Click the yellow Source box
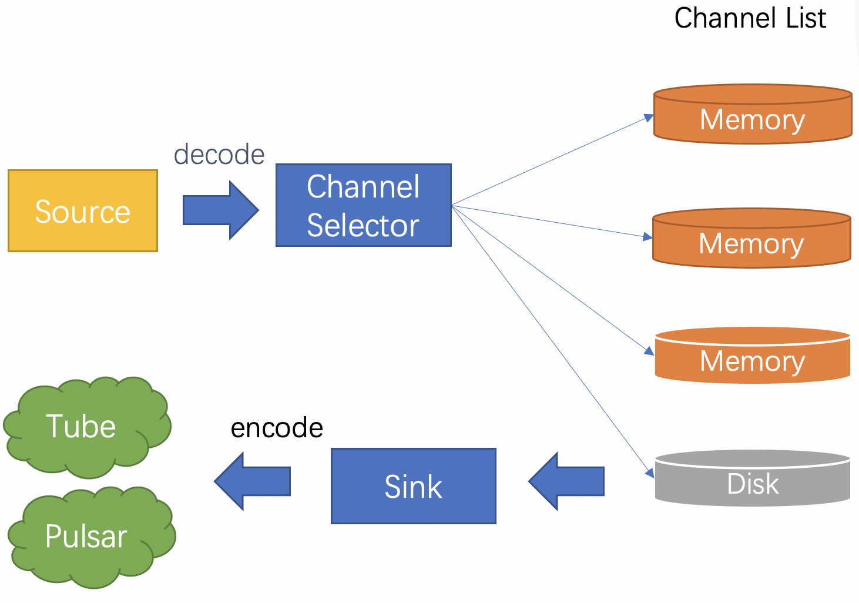pyautogui.click(x=83, y=211)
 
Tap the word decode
pyautogui.click(x=219, y=155)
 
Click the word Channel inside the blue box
pyautogui.click(x=363, y=187)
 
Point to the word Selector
pyautogui.click(x=363, y=226)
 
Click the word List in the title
pyautogui.click(x=806, y=18)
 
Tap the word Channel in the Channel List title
pyautogui.click(x=726, y=18)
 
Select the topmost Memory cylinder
pyautogui.click(x=753, y=115)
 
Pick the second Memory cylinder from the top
pyautogui.click(x=751, y=239)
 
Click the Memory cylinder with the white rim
pyautogui.click(x=753, y=356)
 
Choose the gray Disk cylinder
pyautogui.click(x=753, y=478)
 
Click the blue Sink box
pyautogui.click(x=414, y=486)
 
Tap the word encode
pyautogui.click(x=277, y=428)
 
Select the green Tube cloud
pyautogui.click(x=85, y=427)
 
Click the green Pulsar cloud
pyautogui.click(x=88, y=536)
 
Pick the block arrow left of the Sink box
pyautogui.click(x=252, y=481)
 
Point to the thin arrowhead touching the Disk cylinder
pyautogui.click(x=650, y=473)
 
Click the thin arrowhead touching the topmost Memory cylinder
pyautogui.click(x=649, y=118)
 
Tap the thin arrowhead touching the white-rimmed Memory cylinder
pyautogui.click(x=649, y=351)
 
